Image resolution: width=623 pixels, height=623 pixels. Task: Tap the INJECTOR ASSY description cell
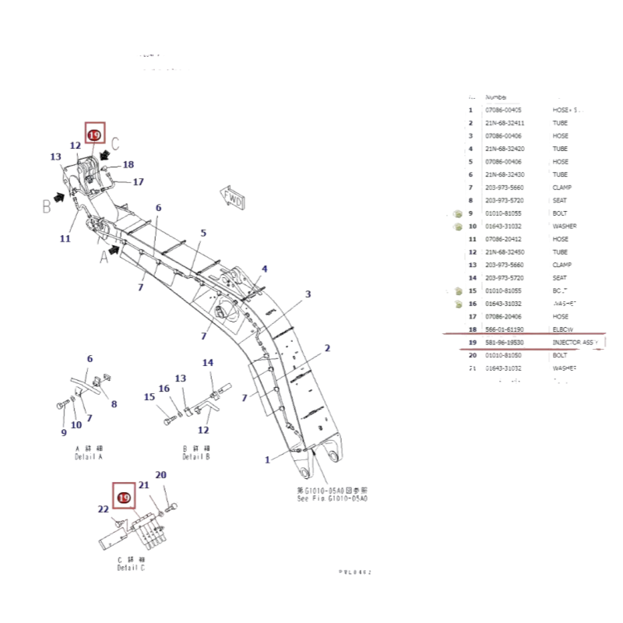click(575, 342)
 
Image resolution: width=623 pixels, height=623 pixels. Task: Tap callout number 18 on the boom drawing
click(128, 164)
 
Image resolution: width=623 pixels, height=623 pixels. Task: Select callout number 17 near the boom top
click(138, 182)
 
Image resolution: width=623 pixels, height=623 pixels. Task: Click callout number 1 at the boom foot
click(267, 459)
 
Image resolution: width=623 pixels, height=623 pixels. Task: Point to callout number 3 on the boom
click(308, 294)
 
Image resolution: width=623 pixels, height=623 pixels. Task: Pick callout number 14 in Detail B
click(208, 363)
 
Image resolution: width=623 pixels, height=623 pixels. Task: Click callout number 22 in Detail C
click(103, 509)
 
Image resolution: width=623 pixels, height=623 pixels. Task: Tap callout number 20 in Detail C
click(161, 475)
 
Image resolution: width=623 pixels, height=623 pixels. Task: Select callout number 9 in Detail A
click(64, 433)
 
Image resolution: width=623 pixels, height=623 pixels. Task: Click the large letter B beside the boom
click(46, 206)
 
